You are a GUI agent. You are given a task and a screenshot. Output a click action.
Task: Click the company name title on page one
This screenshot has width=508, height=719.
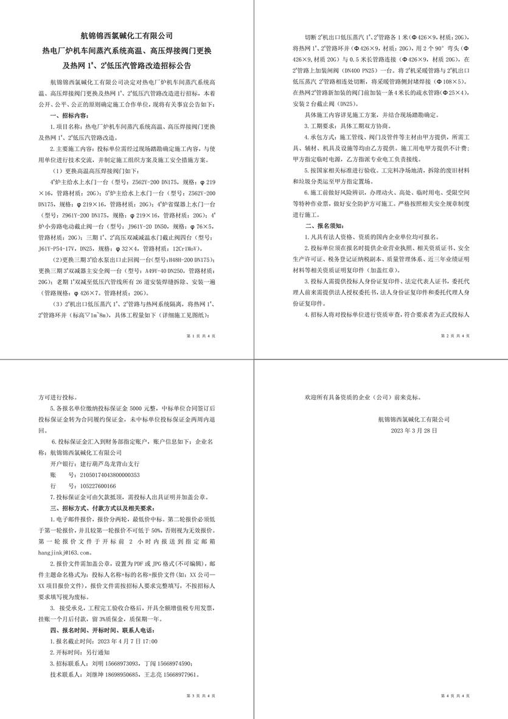point(127,36)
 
